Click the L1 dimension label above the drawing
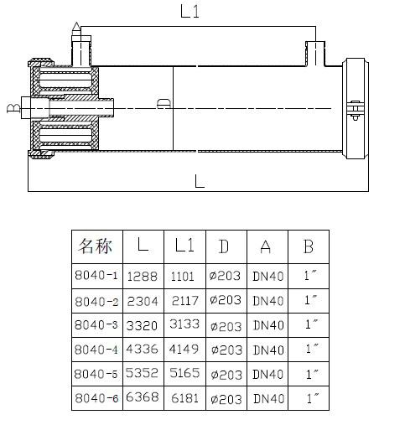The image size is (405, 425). pyautogui.click(x=190, y=12)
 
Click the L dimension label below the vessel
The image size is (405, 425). pyautogui.click(x=200, y=181)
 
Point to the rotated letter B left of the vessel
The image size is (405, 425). pyautogui.click(x=13, y=108)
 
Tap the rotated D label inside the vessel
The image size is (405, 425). pyautogui.click(x=164, y=103)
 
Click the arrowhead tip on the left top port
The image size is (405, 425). pyautogui.click(x=76, y=23)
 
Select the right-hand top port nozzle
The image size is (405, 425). pyautogui.click(x=315, y=54)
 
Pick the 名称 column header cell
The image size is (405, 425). pyautogui.click(x=97, y=246)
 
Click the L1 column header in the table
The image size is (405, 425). pyautogui.click(x=184, y=246)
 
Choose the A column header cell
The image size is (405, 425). pyautogui.click(x=267, y=246)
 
